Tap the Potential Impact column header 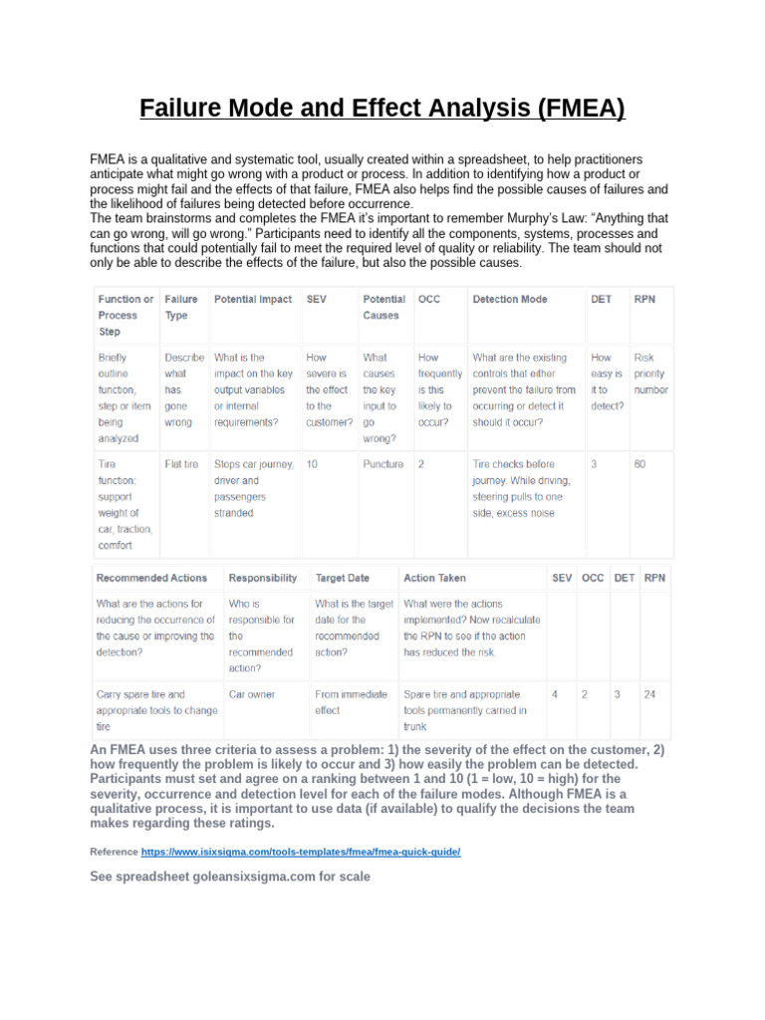[253, 299]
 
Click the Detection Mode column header [509, 299]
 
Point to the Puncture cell [383, 464]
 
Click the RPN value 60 [640, 464]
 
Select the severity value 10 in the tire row [313, 464]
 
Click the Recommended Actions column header [151, 578]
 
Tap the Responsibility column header [263, 578]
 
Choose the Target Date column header [343, 578]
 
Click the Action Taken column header [434, 578]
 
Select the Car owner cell [252, 694]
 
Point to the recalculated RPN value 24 [649, 694]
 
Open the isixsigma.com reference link [301, 853]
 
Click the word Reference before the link [114, 853]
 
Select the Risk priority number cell [650, 374]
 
